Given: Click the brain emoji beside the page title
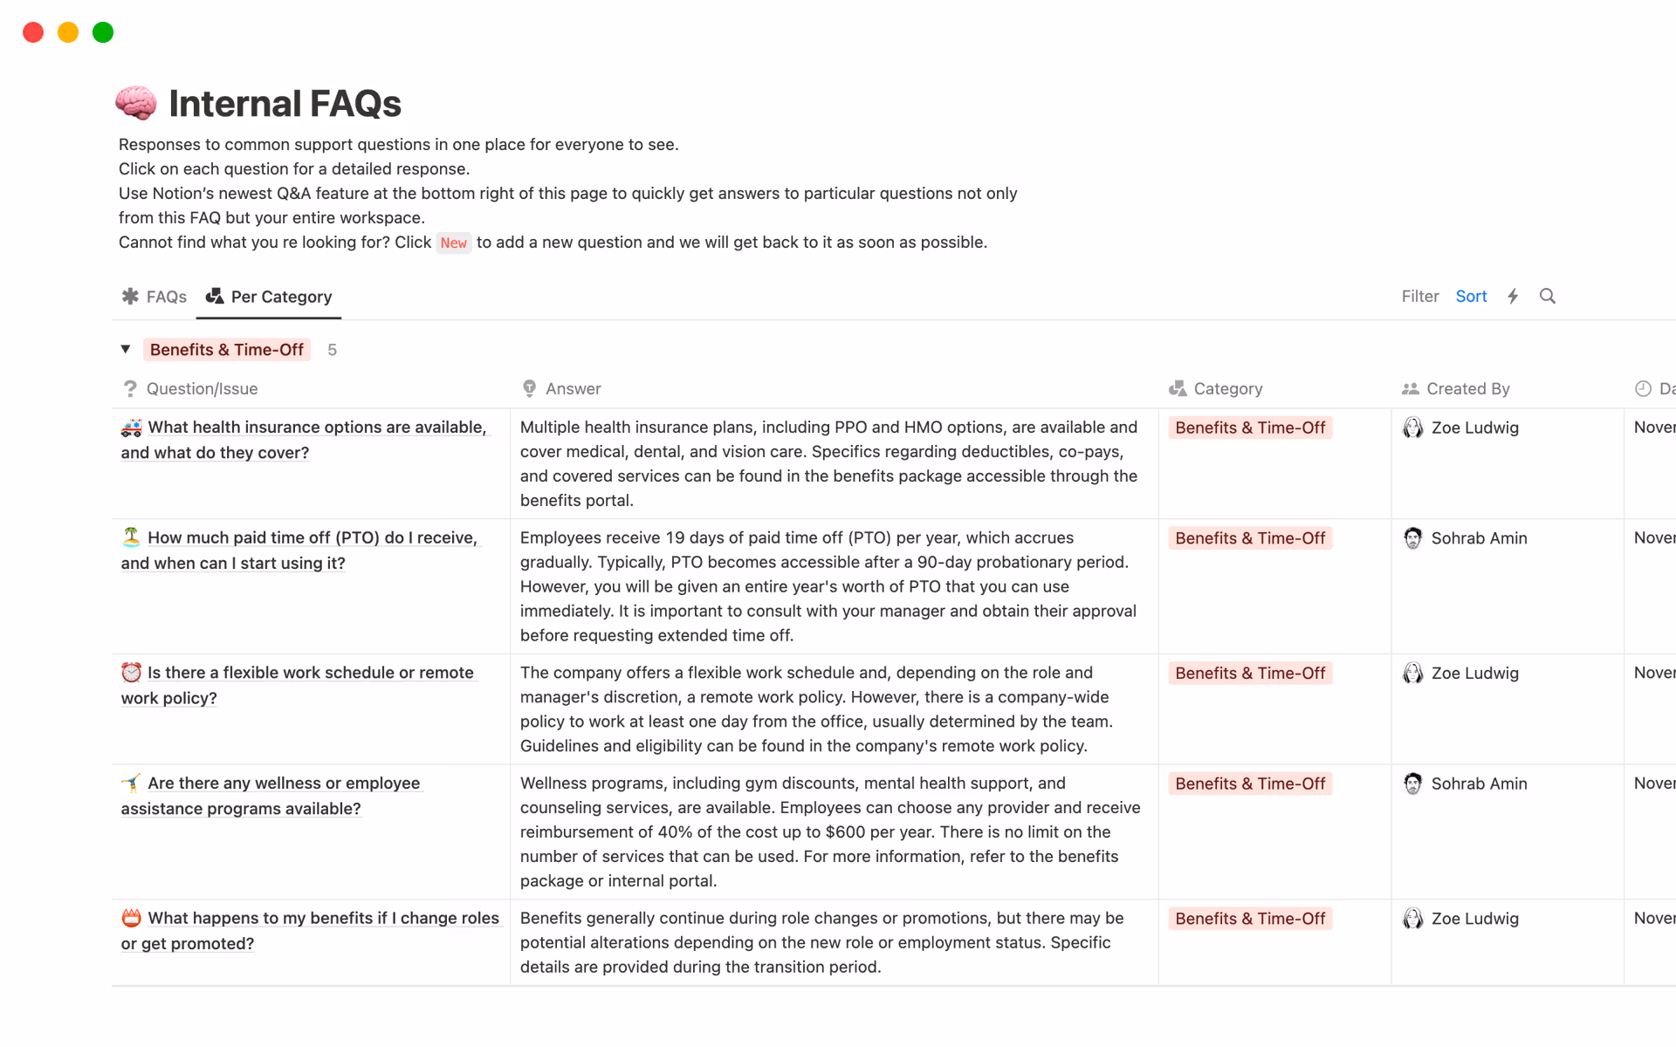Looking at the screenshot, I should [136, 103].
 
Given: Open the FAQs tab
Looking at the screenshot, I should [155, 297].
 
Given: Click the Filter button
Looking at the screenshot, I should [1419, 297].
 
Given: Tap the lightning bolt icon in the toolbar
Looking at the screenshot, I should [1513, 297].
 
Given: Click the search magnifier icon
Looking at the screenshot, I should [1548, 297].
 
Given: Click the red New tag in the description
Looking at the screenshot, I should [453, 243].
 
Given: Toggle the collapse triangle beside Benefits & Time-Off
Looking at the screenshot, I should [126, 349].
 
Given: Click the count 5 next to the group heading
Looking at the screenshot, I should [332, 350].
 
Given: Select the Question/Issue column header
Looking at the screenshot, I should [202, 389].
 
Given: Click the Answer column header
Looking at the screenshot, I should [573, 389].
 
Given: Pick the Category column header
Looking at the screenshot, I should [1227, 389].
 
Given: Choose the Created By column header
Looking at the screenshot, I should [1467, 389].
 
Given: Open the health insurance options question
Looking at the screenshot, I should [316, 428].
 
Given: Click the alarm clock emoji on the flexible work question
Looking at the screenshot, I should [131, 673].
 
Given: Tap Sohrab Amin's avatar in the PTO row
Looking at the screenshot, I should [1412, 538].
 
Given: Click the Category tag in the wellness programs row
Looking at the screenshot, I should [1249, 784].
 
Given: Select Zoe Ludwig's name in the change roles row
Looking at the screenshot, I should [1474, 919].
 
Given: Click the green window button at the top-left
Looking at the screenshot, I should [103, 32].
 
